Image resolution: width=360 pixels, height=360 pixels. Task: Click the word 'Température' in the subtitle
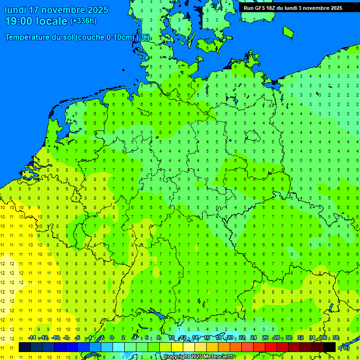(28, 37)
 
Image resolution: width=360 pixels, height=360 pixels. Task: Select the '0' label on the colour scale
(112, 337)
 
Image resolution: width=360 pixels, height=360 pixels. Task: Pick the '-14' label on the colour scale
(32, 337)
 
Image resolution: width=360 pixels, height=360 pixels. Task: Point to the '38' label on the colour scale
(336, 337)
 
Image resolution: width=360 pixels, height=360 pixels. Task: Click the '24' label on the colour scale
(253, 337)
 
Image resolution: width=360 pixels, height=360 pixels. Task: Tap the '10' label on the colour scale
(171, 337)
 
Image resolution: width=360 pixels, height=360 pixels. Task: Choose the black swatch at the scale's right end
(330, 347)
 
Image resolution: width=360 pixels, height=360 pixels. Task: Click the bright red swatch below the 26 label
(270, 347)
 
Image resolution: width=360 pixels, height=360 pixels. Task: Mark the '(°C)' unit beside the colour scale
(344, 347)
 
